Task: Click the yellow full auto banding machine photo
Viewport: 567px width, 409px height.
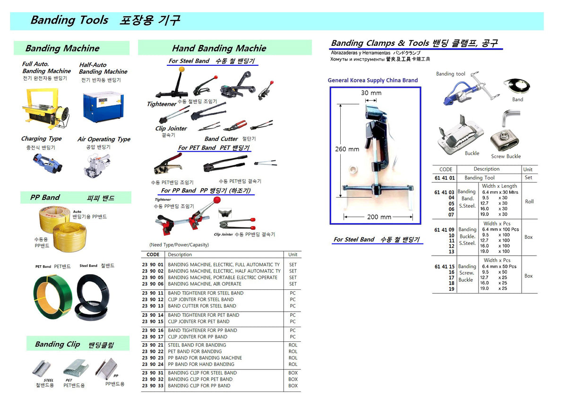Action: click(46, 108)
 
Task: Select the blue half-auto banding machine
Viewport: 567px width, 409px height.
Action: click(103, 107)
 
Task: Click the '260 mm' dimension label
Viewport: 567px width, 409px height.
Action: click(347, 149)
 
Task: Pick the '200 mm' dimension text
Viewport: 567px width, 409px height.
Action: click(379, 217)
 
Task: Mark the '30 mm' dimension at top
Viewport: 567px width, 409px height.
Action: click(371, 93)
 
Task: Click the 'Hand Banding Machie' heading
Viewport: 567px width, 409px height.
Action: click(219, 48)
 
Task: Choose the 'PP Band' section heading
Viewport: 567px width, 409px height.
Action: click(45, 198)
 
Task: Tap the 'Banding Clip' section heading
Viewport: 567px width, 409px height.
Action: click(58, 344)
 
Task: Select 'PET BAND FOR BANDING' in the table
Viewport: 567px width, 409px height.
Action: click(195, 351)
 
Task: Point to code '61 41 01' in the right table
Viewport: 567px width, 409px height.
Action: click(444, 178)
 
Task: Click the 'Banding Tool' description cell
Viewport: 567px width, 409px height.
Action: click(480, 178)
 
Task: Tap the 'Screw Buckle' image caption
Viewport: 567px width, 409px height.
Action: click(506, 157)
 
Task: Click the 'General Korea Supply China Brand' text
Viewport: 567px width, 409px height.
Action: click(373, 80)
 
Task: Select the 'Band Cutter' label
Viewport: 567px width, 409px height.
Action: click(221, 139)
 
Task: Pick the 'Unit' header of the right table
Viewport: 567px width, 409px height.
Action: click(528, 169)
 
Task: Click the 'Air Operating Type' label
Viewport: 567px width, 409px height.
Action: click(104, 139)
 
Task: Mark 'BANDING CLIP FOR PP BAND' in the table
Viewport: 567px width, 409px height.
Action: click(199, 386)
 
